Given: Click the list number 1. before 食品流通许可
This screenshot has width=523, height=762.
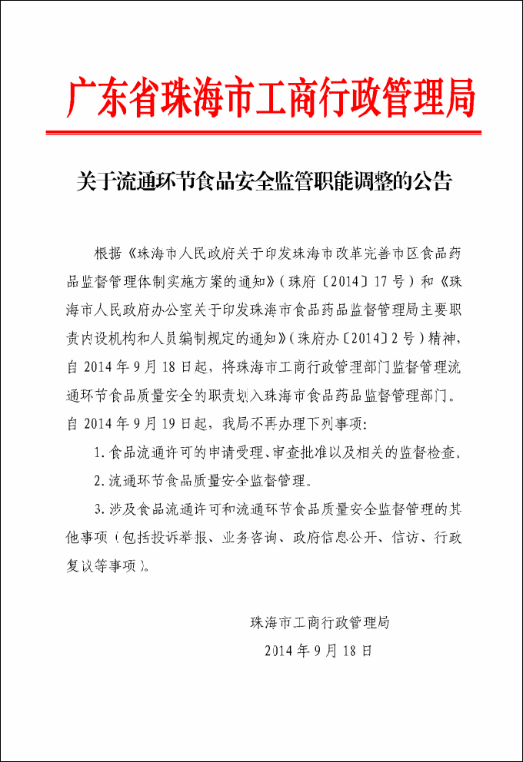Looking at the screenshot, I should pos(99,452).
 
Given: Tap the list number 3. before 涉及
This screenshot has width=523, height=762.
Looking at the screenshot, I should pos(99,509).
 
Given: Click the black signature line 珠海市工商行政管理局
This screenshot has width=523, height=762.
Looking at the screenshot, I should pos(319,622).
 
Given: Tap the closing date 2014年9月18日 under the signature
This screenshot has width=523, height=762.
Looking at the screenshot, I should pos(318,651).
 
